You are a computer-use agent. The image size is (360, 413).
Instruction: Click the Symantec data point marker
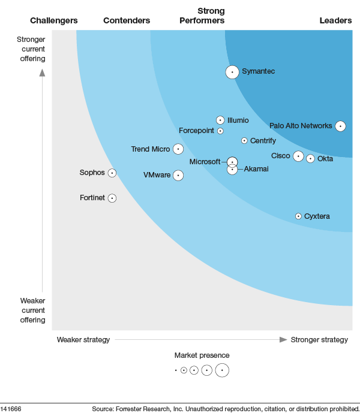tap(232, 72)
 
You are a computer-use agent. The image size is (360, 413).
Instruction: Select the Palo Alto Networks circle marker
tap(340, 126)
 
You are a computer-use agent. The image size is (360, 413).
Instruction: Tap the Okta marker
tap(310, 159)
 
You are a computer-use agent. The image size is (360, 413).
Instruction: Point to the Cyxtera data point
tap(298, 216)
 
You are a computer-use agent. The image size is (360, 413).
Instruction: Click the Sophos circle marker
tap(112, 173)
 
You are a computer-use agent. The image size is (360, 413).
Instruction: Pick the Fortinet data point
tap(112, 198)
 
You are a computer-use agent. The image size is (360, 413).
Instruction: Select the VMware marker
tap(178, 175)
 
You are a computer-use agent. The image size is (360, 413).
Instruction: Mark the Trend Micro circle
tap(178, 149)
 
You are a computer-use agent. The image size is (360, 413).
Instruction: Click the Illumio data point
tap(220, 120)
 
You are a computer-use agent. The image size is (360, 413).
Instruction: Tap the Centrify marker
tap(244, 141)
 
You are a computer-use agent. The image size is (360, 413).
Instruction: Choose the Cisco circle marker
tap(298, 156)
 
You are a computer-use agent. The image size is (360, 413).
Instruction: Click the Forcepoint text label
tap(196, 131)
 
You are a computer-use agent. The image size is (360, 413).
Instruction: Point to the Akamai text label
tap(256, 169)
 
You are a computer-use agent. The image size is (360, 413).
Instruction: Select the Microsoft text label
tap(205, 162)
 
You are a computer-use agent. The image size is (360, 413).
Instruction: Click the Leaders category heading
tap(335, 20)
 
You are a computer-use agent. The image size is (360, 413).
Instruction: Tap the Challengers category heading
tap(54, 20)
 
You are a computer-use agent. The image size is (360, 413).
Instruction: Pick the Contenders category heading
tap(127, 20)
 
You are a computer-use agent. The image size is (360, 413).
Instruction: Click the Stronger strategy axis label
tap(319, 340)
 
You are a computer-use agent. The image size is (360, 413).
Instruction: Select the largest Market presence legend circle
tap(222, 370)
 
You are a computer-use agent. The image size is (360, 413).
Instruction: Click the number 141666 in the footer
tap(11, 409)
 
